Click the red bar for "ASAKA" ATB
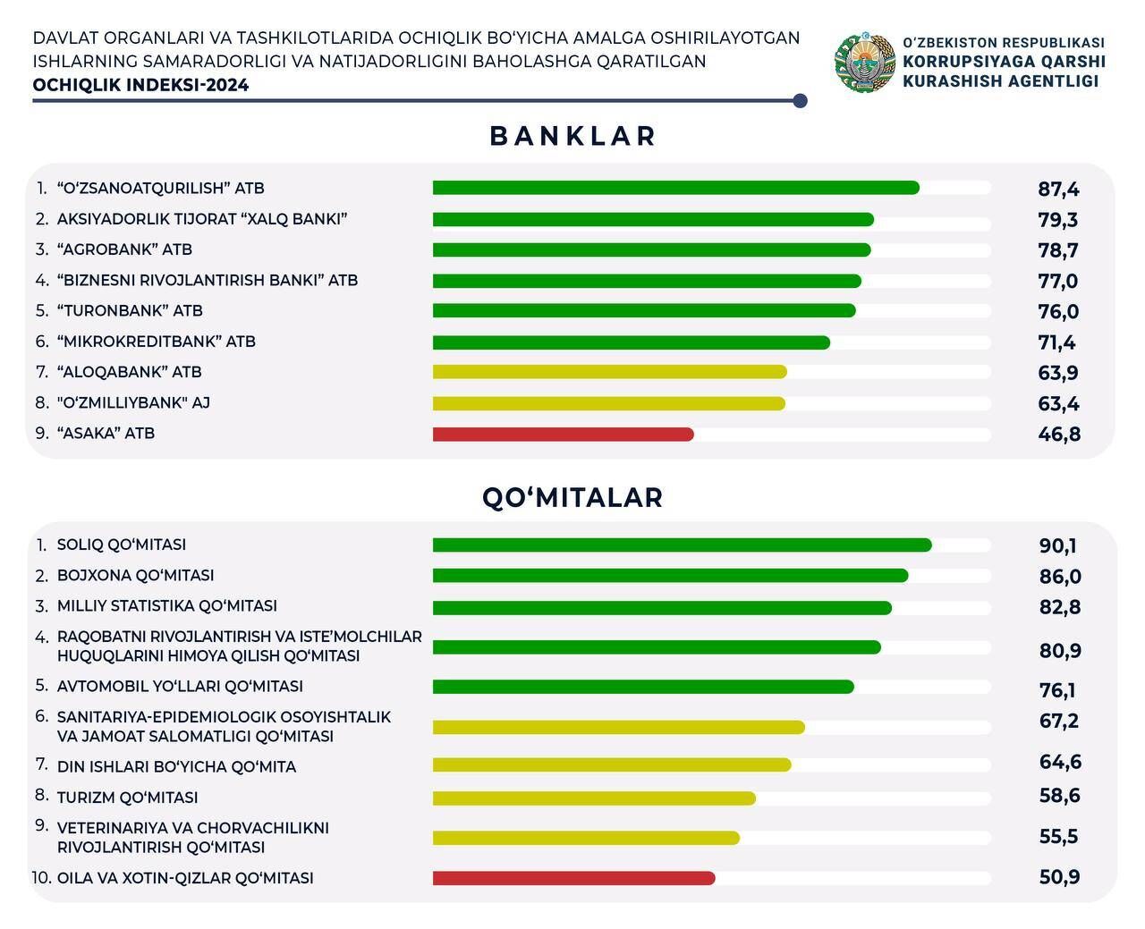(563, 435)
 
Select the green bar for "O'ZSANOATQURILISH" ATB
(675, 188)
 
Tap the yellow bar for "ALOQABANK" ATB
(609, 372)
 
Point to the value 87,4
(1058, 189)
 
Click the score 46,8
(1059, 435)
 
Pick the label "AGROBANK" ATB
(124, 249)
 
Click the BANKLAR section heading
(572, 136)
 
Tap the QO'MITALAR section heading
(572, 497)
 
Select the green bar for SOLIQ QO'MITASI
(682, 545)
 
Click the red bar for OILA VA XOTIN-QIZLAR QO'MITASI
(573, 878)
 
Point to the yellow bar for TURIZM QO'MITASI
(594, 798)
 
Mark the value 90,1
(1058, 545)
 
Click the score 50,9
(1059, 877)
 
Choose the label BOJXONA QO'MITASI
(135, 576)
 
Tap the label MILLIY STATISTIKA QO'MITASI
(166, 606)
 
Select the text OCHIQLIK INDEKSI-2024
(140, 86)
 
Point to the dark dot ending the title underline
(800, 101)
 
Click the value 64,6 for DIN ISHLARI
(1060, 762)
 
